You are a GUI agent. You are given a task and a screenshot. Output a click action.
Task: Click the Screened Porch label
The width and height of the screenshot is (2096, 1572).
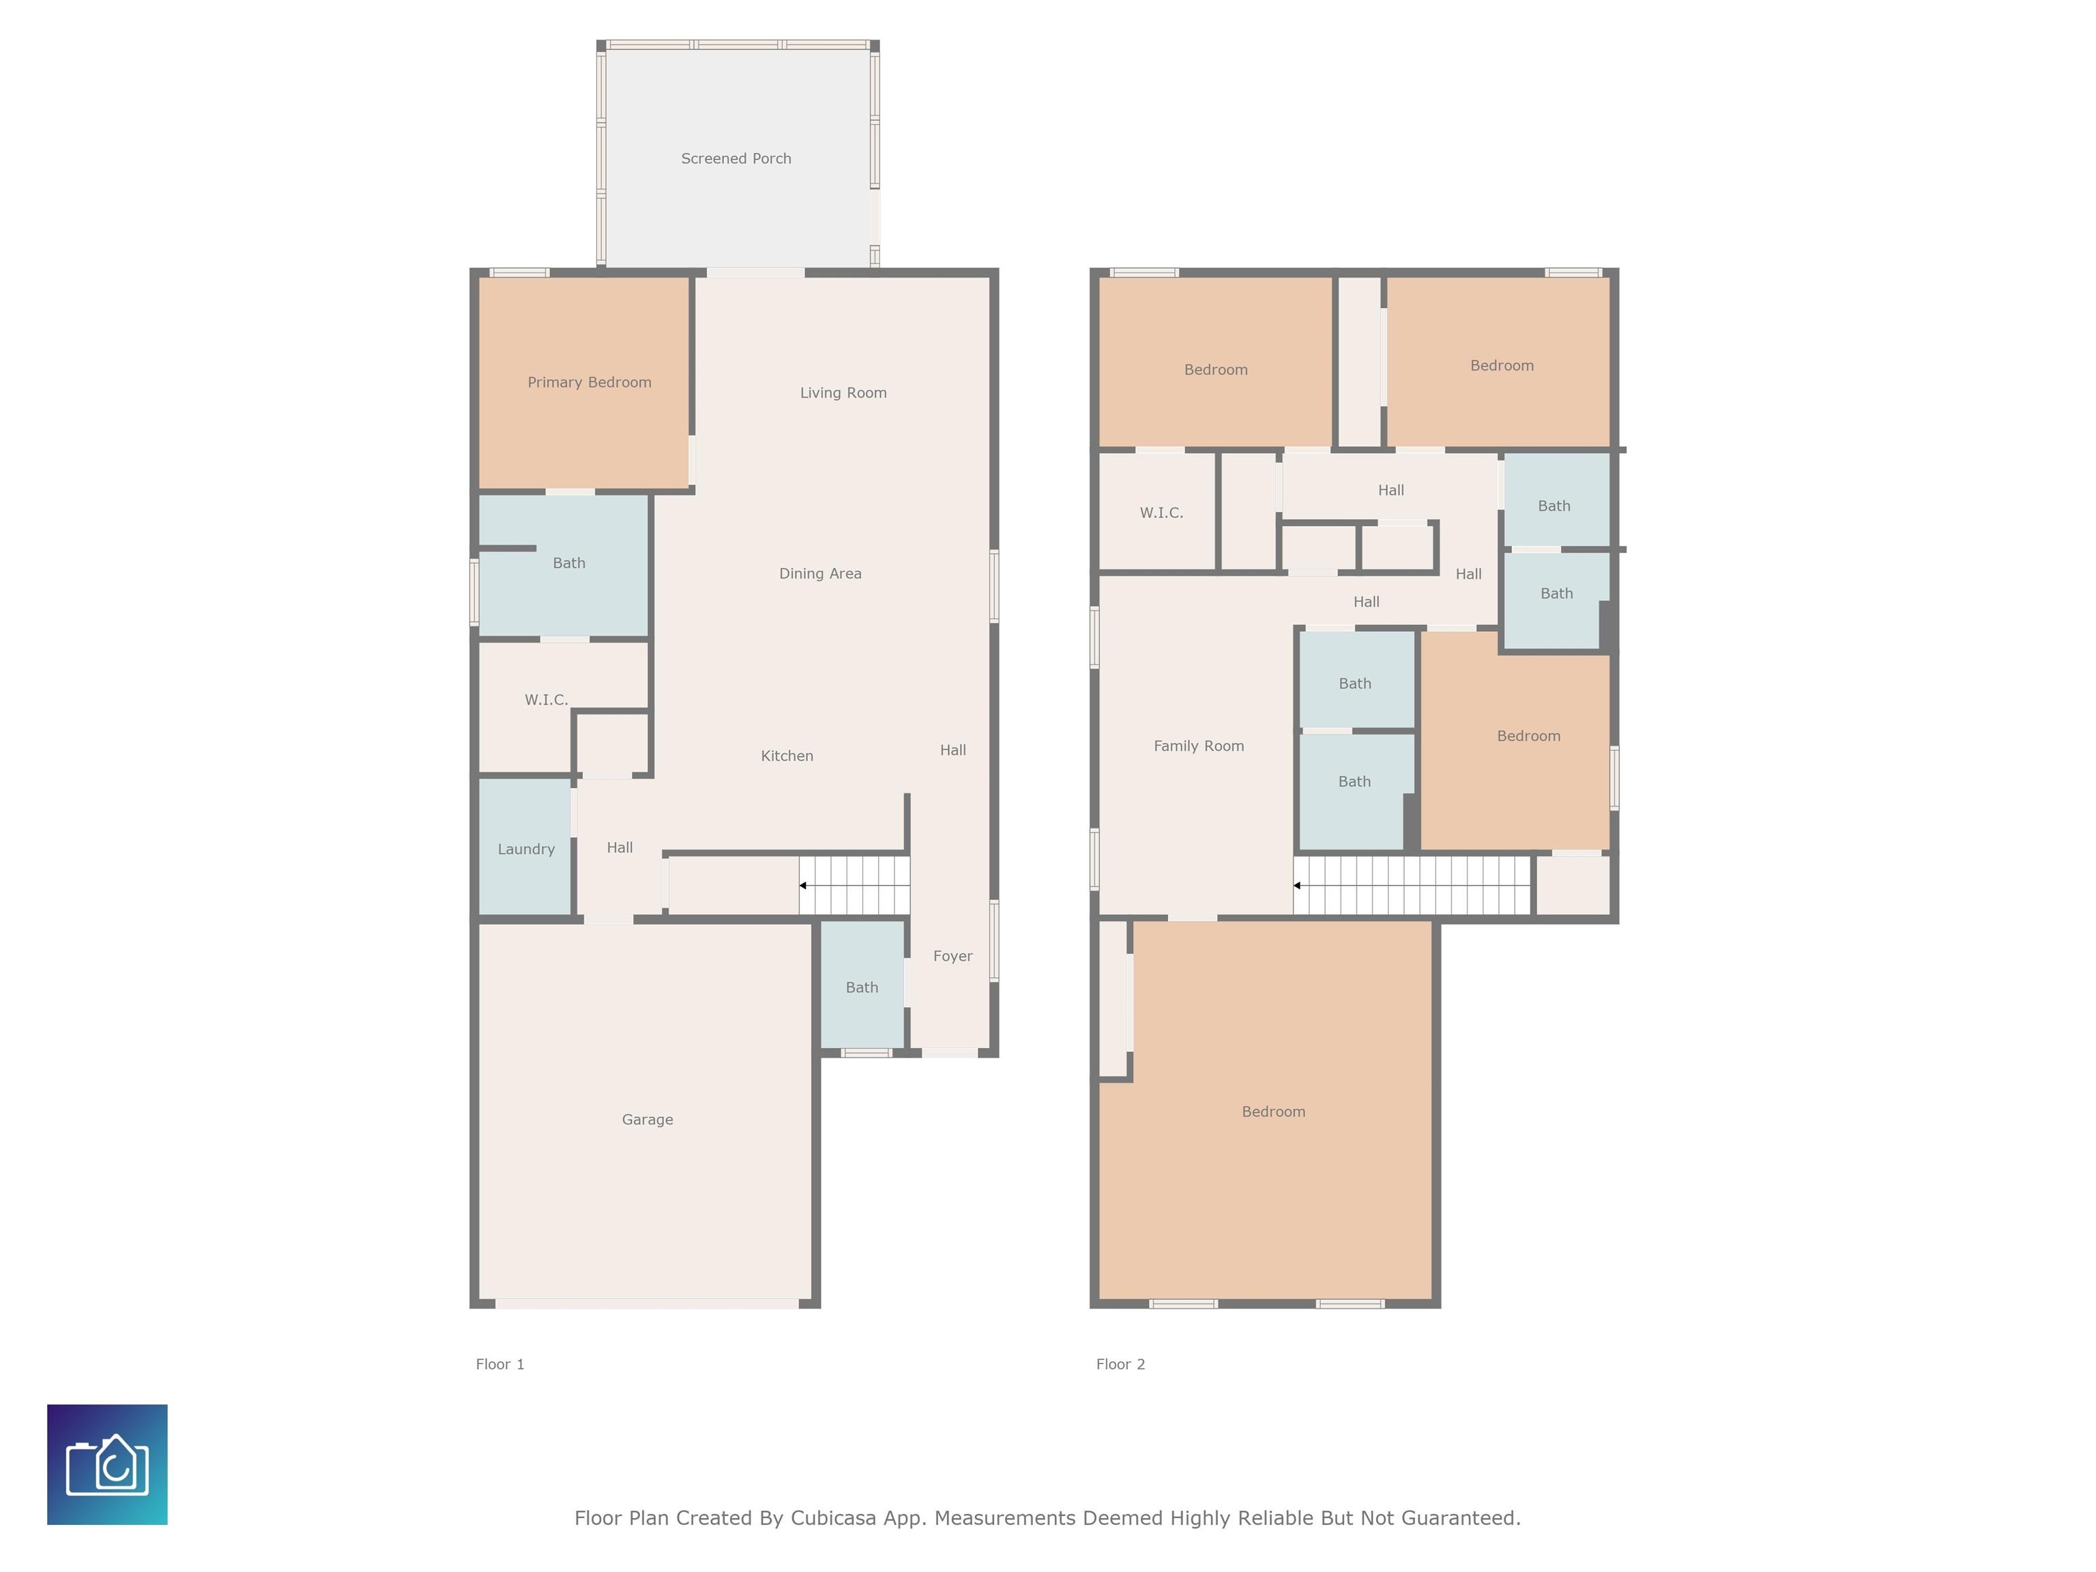coord(736,158)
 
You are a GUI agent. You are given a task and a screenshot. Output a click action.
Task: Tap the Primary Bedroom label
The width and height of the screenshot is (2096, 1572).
coord(589,382)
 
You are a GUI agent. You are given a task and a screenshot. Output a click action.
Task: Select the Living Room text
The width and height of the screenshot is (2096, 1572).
coord(843,392)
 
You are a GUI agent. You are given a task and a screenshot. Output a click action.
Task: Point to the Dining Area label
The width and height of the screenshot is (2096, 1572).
coord(821,573)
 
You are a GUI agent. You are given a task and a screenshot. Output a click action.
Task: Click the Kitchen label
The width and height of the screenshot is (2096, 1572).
coord(787,755)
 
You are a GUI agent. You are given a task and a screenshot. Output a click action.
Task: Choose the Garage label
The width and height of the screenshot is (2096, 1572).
coord(647,1119)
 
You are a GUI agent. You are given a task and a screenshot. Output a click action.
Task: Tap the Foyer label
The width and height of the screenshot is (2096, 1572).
coord(952,956)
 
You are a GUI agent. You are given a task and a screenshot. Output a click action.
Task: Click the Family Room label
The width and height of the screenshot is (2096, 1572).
coord(1199,746)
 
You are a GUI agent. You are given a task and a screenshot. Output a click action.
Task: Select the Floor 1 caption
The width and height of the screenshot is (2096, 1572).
coord(499,1363)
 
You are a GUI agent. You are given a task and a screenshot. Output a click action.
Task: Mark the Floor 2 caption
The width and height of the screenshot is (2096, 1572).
coord(1120,1363)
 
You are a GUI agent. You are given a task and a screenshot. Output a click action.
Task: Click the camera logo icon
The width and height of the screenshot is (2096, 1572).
coord(107,1464)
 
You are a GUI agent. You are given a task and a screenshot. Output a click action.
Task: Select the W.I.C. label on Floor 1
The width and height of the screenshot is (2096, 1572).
coord(546,699)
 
